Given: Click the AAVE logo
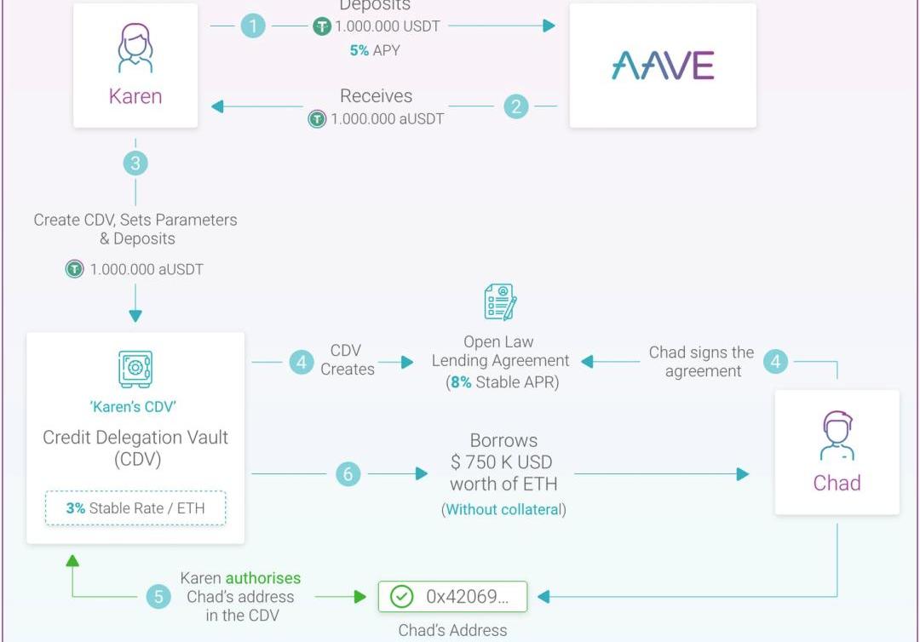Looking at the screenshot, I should point(663,66).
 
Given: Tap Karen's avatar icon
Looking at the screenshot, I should point(135,48).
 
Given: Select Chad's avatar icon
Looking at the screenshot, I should point(837,436).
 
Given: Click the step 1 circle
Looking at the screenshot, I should point(253,26).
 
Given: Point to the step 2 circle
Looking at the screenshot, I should point(516,106).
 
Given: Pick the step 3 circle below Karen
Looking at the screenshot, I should point(135,163).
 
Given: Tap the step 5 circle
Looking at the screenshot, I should point(158,597).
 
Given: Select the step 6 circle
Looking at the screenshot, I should point(348,473).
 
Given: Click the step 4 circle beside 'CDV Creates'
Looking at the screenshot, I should point(301,362).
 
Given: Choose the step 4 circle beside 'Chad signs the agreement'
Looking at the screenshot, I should point(775,361).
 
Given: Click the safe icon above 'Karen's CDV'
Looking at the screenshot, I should point(135,369).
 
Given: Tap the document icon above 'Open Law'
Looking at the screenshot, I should point(500,302).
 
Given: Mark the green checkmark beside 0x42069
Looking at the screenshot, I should point(401,597).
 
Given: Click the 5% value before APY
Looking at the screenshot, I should point(359,50).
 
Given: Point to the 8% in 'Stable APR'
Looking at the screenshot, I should point(461,382).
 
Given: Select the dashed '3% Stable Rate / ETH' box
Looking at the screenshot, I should point(135,508).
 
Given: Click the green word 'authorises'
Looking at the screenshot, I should point(263,578).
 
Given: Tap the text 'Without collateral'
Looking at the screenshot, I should point(503,510).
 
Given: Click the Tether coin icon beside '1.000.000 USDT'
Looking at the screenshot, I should point(321,26).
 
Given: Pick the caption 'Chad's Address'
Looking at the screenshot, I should point(452,631).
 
